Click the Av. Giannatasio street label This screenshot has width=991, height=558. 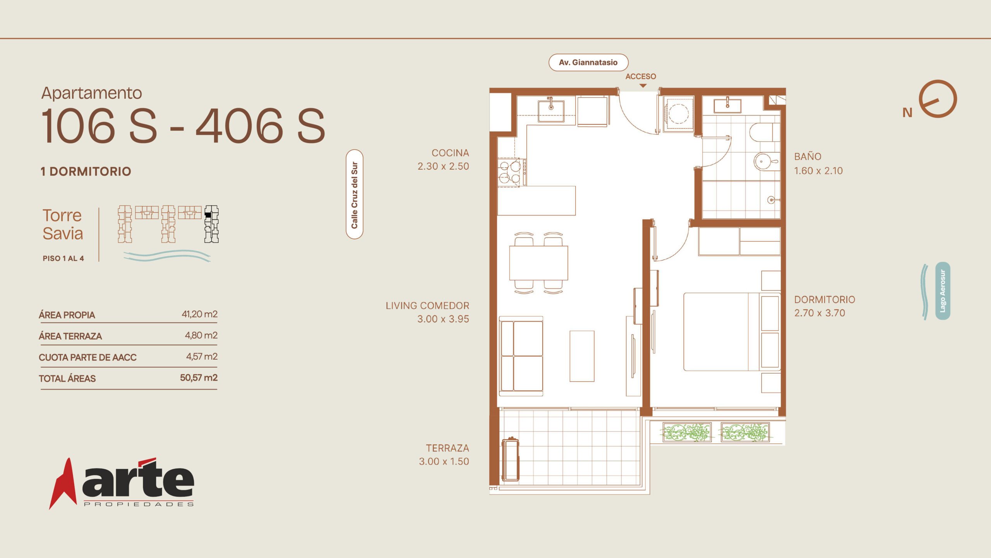(588, 62)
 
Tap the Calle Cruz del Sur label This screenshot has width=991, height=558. (355, 194)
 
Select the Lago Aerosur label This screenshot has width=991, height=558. (943, 291)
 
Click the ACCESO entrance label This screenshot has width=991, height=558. (641, 76)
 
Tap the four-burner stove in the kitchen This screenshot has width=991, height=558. (510, 172)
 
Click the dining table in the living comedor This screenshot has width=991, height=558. (538, 263)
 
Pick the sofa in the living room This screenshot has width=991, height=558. (521, 356)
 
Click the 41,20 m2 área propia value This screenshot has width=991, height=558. (199, 314)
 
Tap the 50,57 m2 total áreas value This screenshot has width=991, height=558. (199, 377)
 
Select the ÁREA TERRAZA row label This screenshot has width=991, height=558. (70, 336)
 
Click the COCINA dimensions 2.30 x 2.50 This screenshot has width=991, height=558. (443, 166)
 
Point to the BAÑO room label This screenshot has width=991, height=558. (808, 157)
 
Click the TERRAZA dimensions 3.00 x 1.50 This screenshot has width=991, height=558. (444, 462)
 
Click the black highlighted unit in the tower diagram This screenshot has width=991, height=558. (208, 214)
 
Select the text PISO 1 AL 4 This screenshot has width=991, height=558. (63, 258)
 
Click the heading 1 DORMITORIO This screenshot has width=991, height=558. (86, 171)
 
